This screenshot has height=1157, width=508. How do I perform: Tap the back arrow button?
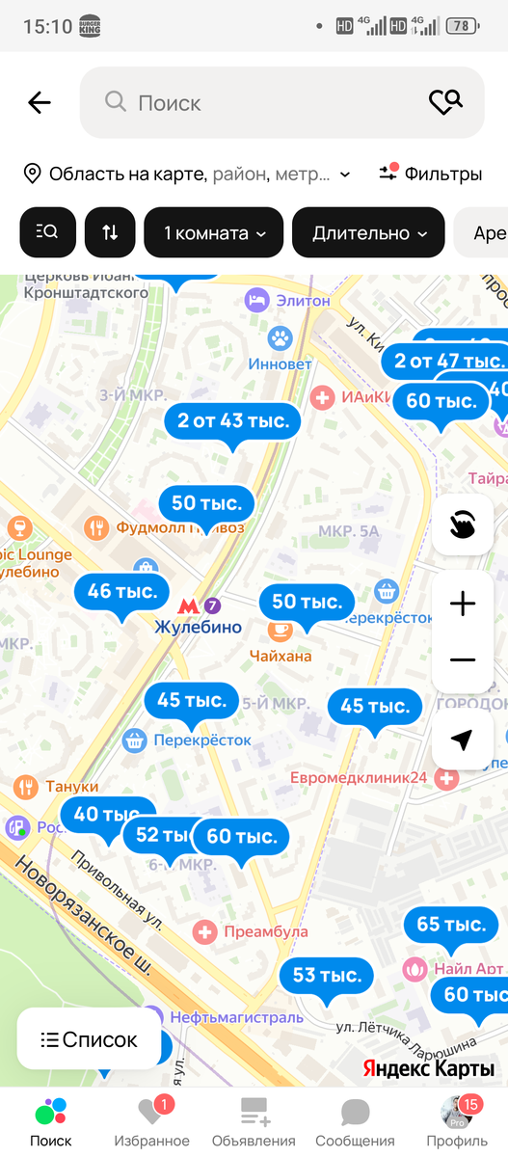[40, 102]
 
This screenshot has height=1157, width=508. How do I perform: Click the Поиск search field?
[260, 102]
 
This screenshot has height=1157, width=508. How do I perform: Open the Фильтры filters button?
[430, 174]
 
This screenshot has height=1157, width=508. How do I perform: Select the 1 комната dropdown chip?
[213, 232]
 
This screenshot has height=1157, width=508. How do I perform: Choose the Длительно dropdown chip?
[368, 232]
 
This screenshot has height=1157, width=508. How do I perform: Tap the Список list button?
[89, 1039]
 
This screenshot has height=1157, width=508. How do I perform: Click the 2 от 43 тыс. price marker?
[233, 421]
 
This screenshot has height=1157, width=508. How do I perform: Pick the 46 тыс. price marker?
[122, 592]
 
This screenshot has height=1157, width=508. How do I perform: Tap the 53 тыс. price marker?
[327, 976]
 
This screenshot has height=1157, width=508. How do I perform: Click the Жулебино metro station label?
[198, 627]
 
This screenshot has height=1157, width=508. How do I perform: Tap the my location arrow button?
[463, 740]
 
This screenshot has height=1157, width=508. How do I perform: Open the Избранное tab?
[151, 1120]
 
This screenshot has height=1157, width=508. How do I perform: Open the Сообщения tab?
[356, 1120]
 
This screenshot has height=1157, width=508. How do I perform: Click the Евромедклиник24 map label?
[359, 777]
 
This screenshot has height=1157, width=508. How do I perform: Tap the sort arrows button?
[110, 232]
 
